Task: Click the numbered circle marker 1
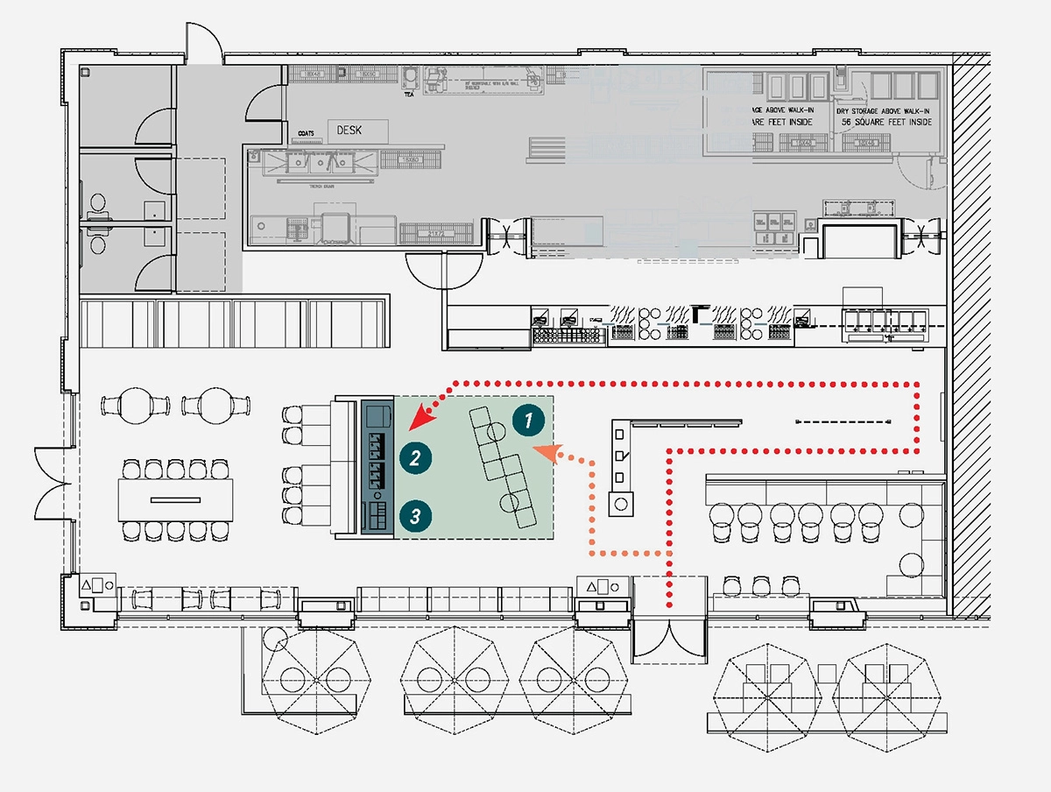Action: (x=526, y=421)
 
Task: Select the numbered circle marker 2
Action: (x=414, y=456)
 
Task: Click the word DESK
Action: (x=349, y=131)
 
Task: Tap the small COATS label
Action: (x=306, y=133)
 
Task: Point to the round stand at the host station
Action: (x=621, y=505)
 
